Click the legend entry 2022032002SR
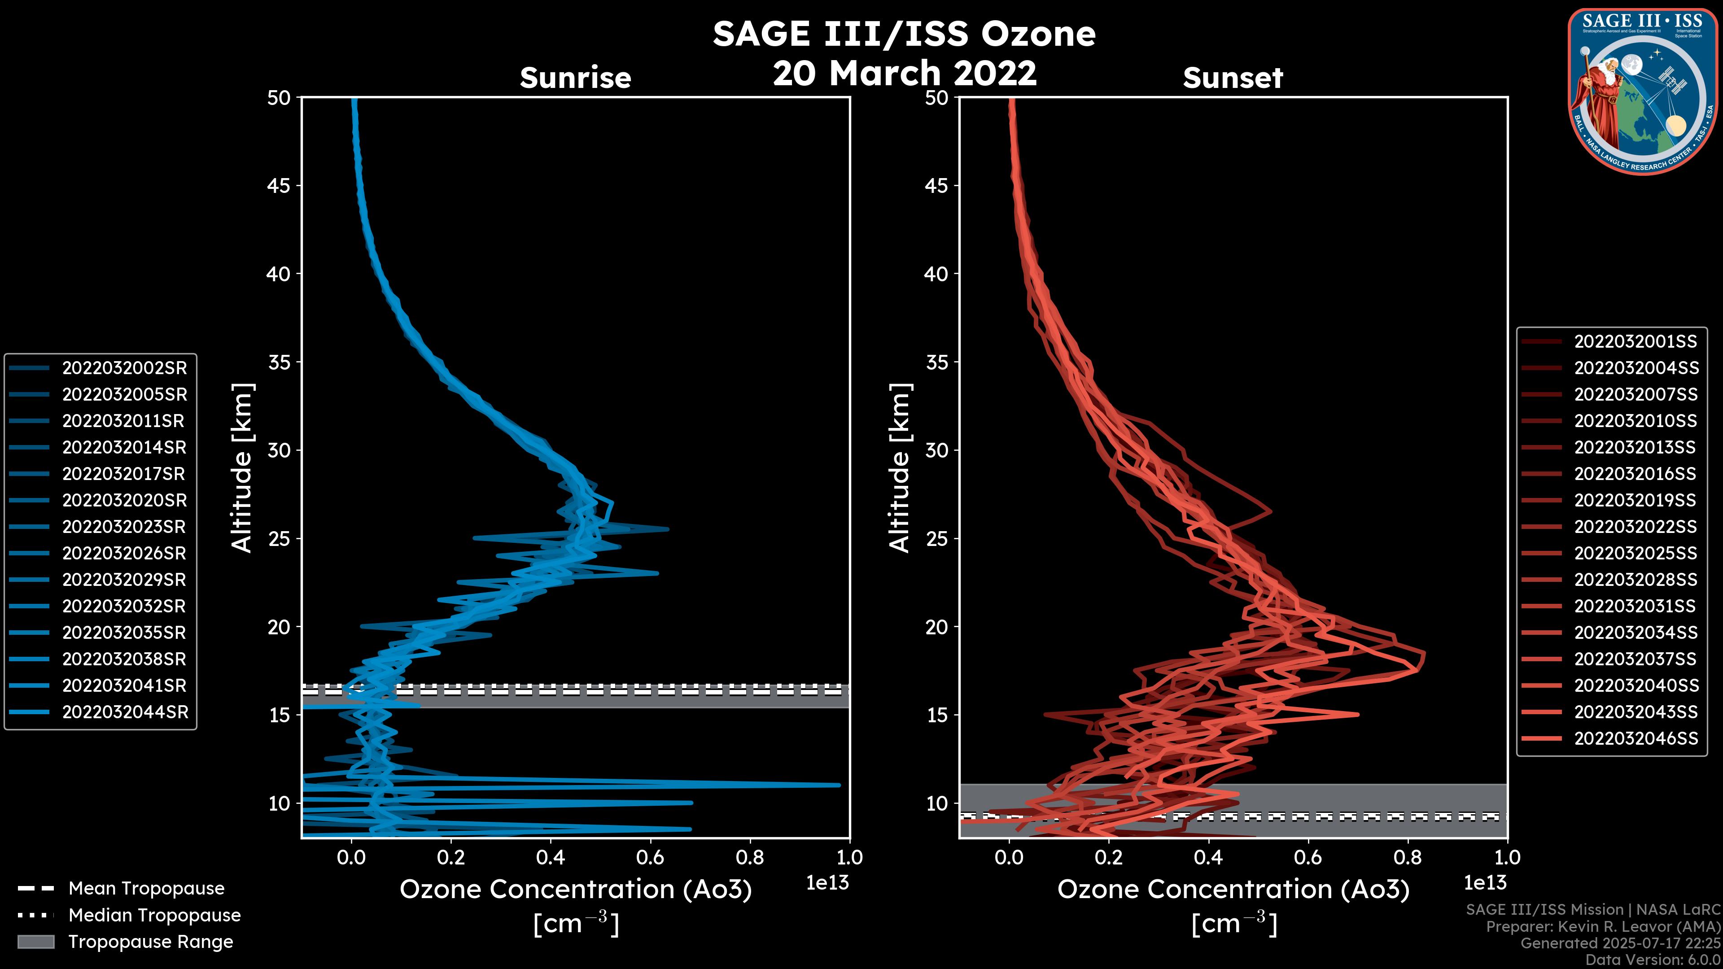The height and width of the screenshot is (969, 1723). click(124, 368)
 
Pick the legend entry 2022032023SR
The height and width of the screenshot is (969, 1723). click(124, 527)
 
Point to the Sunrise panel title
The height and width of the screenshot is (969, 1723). click(575, 78)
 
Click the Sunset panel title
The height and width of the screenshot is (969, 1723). click(1233, 78)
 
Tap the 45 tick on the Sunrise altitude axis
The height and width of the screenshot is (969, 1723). click(279, 185)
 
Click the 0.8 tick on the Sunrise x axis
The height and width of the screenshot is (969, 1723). click(750, 857)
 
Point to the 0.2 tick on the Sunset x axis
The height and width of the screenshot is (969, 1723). click(1108, 857)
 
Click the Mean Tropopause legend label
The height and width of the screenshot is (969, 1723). click(146, 888)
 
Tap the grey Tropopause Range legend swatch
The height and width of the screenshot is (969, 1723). click(35, 942)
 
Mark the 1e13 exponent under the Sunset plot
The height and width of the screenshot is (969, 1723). click(1485, 883)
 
